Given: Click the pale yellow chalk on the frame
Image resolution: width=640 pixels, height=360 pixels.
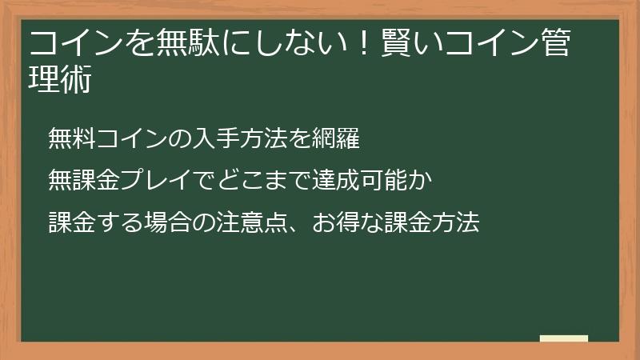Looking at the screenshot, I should [564, 338].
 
